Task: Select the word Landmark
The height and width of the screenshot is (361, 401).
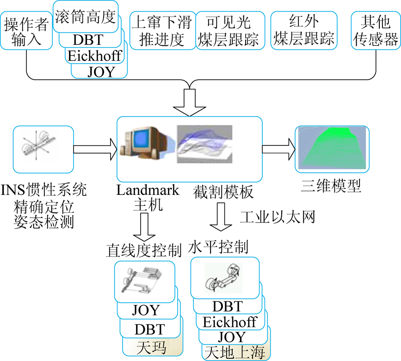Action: point(141,190)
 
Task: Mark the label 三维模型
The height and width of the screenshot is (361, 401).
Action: point(331,185)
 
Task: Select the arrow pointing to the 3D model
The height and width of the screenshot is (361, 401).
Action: point(278,149)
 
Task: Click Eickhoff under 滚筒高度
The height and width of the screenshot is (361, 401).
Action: point(95,56)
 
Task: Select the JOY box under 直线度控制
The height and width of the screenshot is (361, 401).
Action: point(146,310)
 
